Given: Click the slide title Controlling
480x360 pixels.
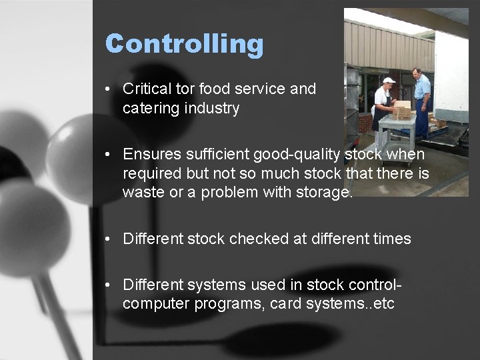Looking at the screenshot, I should coord(184,44).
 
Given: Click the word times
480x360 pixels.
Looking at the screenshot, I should coord(392,239).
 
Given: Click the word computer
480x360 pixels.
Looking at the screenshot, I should coord(153,305).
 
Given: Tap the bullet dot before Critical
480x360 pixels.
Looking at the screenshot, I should coord(108,89).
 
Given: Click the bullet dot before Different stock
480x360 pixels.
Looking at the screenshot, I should coord(108,239).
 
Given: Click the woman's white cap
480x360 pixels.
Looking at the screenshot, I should coord(389,81).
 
